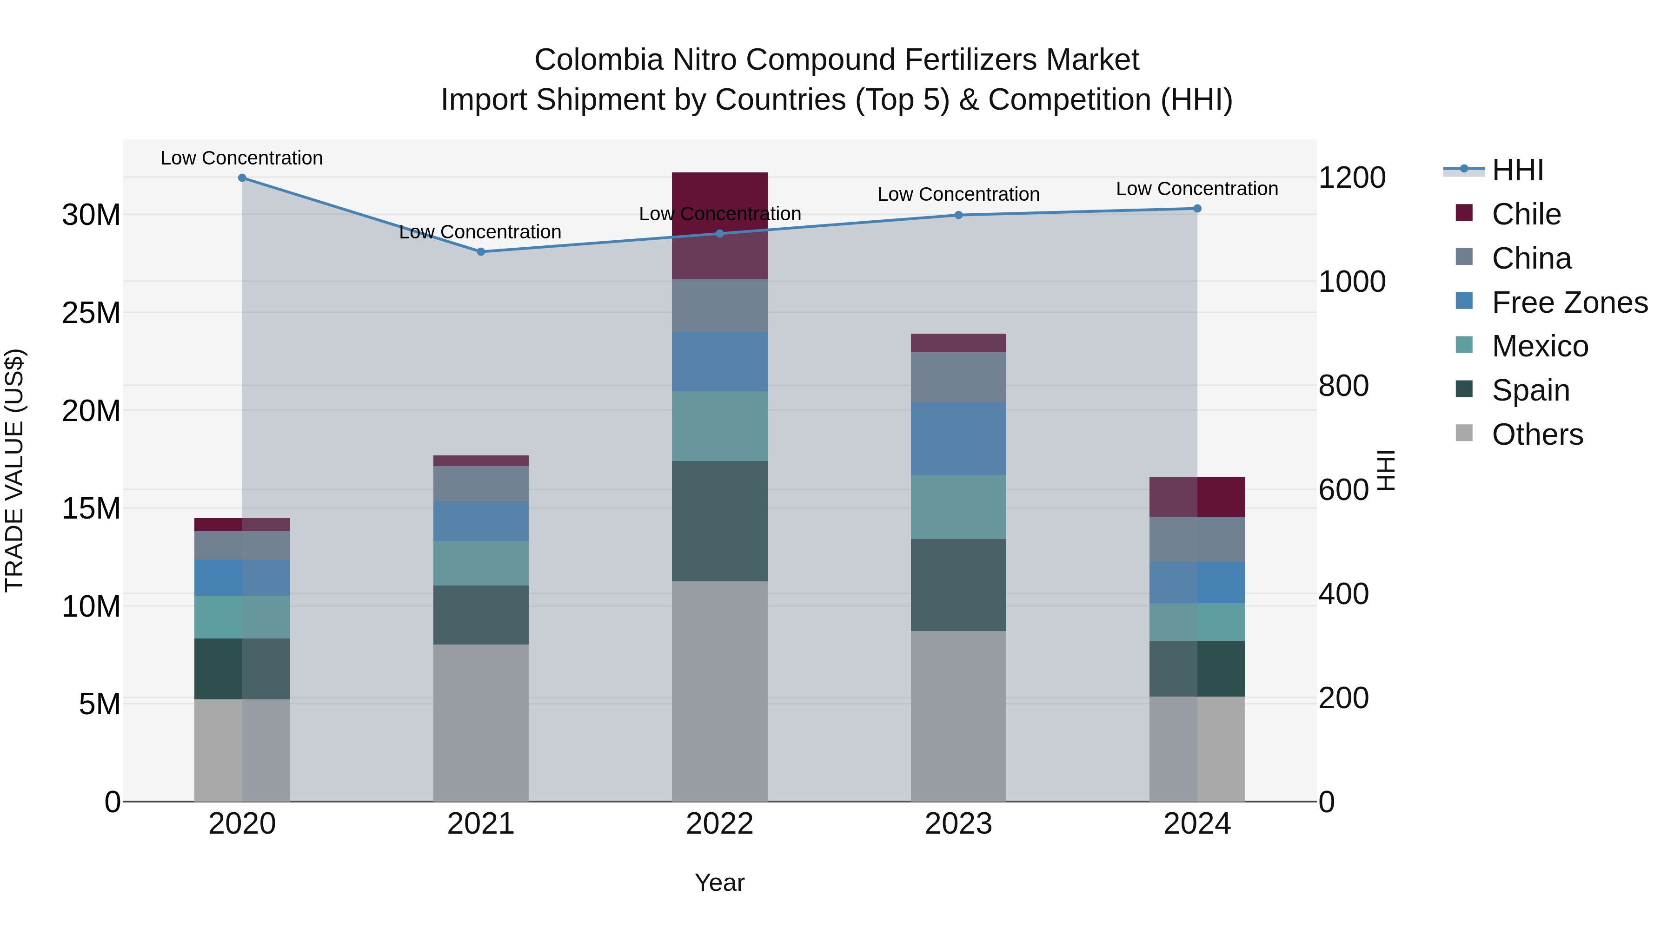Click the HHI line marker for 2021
pyautogui.click(x=481, y=251)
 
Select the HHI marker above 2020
pyautogui.click(x=242, y=178)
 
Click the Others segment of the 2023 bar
pyautogui.click(x=958, y=716)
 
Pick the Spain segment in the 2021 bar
pyautogui.click(x=481, y=614)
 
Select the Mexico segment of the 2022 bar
pyautogui.click(x=719, y=426)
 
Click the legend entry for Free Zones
pyautogui.click(x=1569, y=303)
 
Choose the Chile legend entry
pyautogui.click(x=1525, y=214)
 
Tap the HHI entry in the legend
pyautogui.click(x=1517, y=170)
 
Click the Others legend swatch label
pyautogui.click(x=1537, y=434)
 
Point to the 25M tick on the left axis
pyautogui.click(x=91, y=313)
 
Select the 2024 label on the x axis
pyautogui.click(x=1196, y=824)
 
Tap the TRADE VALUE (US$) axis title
pyautogui.click(x=14, y=470)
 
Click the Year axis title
pyautogui.click(x=719, y=882)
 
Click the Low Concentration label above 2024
pyautogui.click(x=1196, y=189)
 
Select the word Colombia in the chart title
pyautogui.click(x=598, y=60)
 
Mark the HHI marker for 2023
pyautogui.click(x=958, y=215)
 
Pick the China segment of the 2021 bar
pyautogui.click(x=481, y=484)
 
